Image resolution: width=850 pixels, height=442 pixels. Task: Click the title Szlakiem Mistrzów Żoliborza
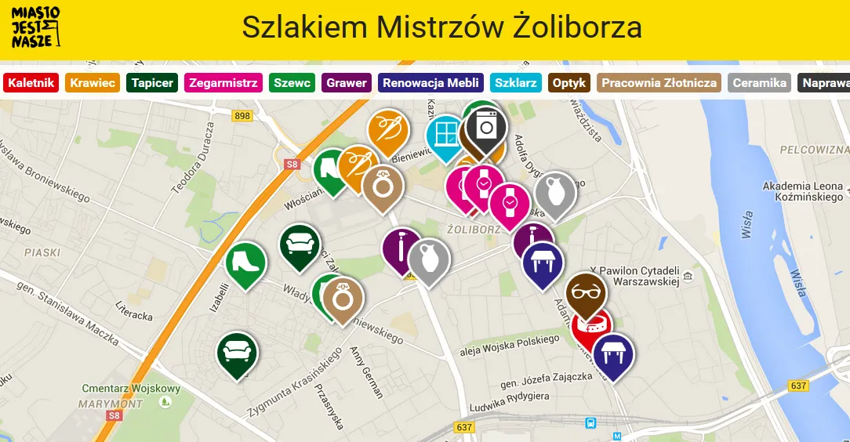[441, 27]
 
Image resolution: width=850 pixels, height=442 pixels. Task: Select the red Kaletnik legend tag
[31, 82]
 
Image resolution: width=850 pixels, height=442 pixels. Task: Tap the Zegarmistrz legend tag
[223, 82]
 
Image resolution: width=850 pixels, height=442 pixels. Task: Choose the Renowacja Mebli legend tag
[430, 82]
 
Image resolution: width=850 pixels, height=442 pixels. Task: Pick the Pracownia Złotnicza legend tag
[659, 82]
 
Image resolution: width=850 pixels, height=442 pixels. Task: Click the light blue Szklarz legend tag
[515, 82]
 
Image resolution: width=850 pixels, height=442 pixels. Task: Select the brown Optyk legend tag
[569, 82]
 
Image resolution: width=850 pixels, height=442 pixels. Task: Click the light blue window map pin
[445, 134]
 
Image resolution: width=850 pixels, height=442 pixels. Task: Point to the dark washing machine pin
[486, 126]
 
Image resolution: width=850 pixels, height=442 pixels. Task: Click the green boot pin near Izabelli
[245, 262]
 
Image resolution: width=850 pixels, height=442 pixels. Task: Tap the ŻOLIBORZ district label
[473, 230]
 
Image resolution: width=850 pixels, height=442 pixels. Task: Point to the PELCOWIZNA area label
[815, 149]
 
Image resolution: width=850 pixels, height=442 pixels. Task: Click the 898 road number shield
[242, 116]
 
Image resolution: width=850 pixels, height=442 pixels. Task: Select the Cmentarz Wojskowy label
[131, 389]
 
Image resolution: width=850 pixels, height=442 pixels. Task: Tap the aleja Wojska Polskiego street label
[510, 345]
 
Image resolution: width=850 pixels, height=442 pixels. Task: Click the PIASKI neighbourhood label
[42, 252]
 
